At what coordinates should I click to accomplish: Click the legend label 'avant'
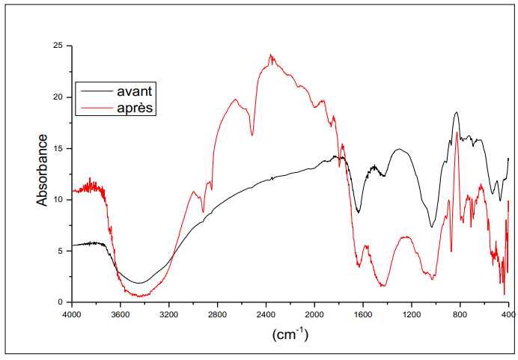coord(135,91)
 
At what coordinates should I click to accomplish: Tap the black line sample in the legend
coord(94,91)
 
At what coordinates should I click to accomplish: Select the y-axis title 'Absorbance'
coord(43,170)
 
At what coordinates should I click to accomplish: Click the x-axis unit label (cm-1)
coord(290,334)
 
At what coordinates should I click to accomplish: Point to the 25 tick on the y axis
coord(58,46)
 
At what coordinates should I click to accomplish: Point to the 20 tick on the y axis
coord(58,97)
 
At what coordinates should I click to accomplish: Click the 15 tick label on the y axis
coord(58,148)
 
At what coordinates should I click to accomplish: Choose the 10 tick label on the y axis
coord(58,200)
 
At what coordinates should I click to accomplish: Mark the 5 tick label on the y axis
coord(60,251)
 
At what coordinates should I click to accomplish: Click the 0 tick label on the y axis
coord(60,302)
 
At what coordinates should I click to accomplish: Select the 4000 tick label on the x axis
coord(72,315)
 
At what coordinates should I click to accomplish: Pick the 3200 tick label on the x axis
coord(169,315)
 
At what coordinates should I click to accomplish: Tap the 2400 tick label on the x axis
coord(266,315)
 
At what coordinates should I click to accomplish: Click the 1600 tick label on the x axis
coord(363,315)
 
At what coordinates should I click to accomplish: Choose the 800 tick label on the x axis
coord(460,315)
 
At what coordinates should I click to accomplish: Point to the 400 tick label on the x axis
coord(508,315)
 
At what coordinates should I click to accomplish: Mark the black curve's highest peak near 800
coord(456,112)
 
